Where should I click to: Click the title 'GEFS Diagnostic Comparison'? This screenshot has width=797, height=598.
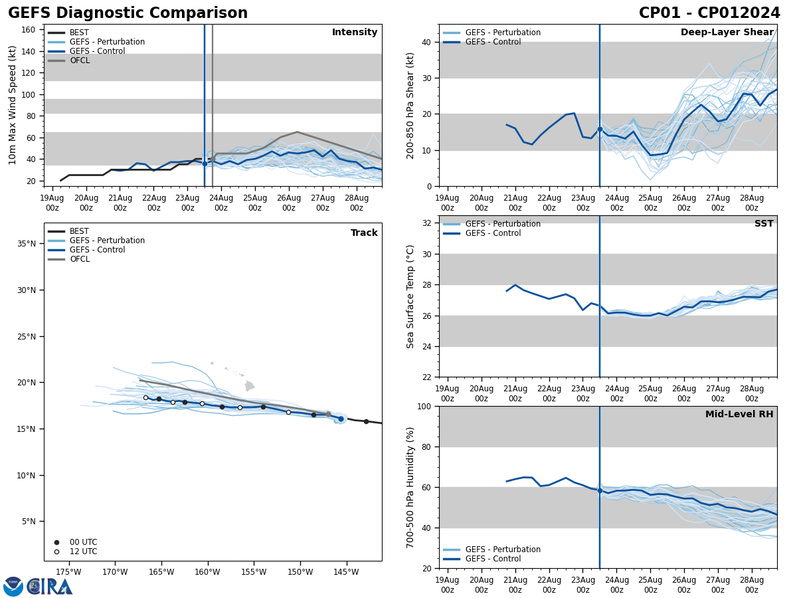[x=128, y=13]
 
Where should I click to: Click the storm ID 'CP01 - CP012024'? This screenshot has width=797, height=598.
[x=709, y=13]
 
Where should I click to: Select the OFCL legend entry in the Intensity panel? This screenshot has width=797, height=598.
[x=79, y=60]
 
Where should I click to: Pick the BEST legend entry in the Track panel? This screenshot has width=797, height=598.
[x=79, y=231]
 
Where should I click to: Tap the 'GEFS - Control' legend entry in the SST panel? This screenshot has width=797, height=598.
[x=493, y=233]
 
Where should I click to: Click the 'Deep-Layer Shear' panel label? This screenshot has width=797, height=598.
[x=727, y=33]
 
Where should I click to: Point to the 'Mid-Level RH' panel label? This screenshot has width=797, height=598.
[x=739, y=415]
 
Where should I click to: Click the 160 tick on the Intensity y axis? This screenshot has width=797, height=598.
[x=29, y=30]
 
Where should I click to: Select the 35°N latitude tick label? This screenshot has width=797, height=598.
[x=27, y=244]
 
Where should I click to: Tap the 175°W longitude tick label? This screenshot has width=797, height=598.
[x=68, y=572]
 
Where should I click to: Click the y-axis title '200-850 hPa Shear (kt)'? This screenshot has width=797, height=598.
[x=410, y=105]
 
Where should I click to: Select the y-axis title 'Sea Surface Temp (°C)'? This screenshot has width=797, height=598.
[x=410, y=296]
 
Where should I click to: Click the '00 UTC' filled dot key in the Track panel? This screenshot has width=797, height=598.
[x=56, y=542]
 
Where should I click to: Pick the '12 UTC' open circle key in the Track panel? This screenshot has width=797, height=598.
[x=56, y=551]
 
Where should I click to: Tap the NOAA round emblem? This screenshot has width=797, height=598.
[x=13, y=586]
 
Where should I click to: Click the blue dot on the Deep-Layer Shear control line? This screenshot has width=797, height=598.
[x=600, y=130]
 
